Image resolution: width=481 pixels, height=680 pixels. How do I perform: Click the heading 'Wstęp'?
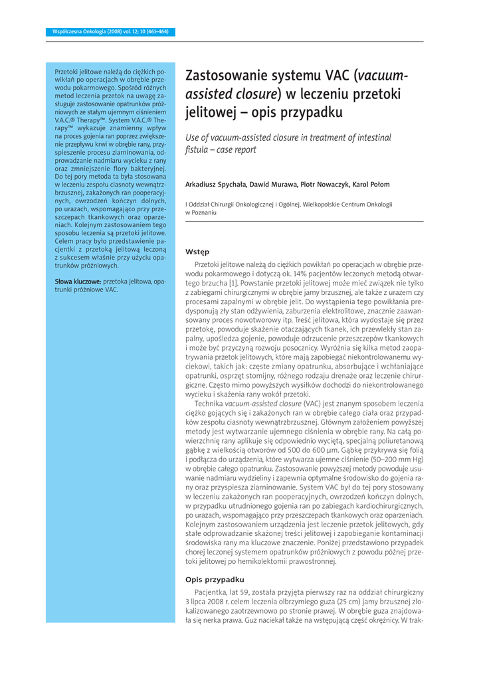pyautogui.click(x=197, y=252)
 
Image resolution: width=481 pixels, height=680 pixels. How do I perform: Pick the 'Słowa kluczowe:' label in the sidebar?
pyautogui.click(x=77, y=282)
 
